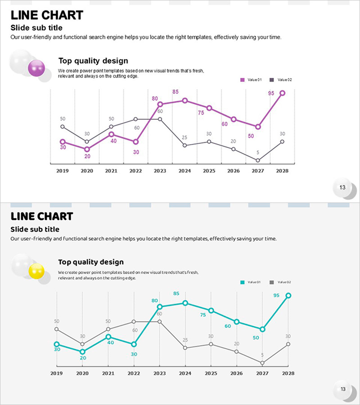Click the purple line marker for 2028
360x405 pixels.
pos(283,93)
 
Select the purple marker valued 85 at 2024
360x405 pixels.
pos(185,100)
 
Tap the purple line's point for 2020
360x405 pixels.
pos(87,149)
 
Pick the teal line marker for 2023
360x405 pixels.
pos(159,307)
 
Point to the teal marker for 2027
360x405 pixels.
pos(262,329)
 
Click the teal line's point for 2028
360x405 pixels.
pos(288,296)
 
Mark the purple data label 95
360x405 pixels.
pos(271,93)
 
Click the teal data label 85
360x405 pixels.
pos(176,293)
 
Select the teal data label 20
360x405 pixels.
pos(83,358)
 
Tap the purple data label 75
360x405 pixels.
pos(201,112)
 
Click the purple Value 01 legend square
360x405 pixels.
pos(243,80)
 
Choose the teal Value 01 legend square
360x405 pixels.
pos(243,282)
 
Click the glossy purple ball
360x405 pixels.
pos(36,68)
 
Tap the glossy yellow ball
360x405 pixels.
pos(36,271)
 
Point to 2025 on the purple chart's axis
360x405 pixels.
pos(209,171)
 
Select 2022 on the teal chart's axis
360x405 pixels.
pos(134,373)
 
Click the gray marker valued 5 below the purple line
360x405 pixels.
pos(258,160)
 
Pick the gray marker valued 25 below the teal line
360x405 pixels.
pos(185,348)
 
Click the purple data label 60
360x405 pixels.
pos(225,124)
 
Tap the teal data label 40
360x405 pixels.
pos(110,342)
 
